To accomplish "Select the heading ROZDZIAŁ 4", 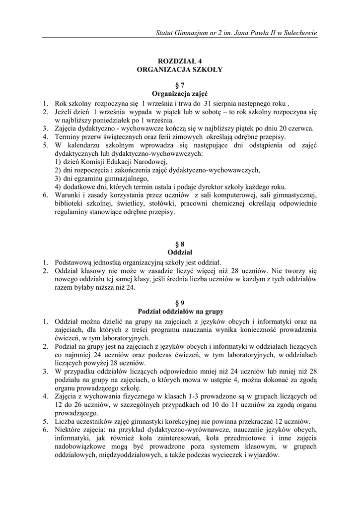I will pyautogui.click(x=180, y=61).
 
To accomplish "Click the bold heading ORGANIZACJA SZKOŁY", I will pyautogui.click(x=180, y=70).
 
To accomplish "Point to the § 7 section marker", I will pyautogui.click(x=180, y=85).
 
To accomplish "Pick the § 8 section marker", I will pyautogui.click(x=180, y=244).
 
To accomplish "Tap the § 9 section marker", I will pyautogui.click(x=180, y=303).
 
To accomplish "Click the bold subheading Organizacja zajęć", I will pyautogui.click(x=180, y=94).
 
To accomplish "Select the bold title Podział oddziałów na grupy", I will pyautogui.click(x=180, y=312).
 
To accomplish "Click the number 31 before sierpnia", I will pyautogui.click(x=208, y=103).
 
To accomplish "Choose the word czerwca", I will pyautogui.click(x=300, y=128).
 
